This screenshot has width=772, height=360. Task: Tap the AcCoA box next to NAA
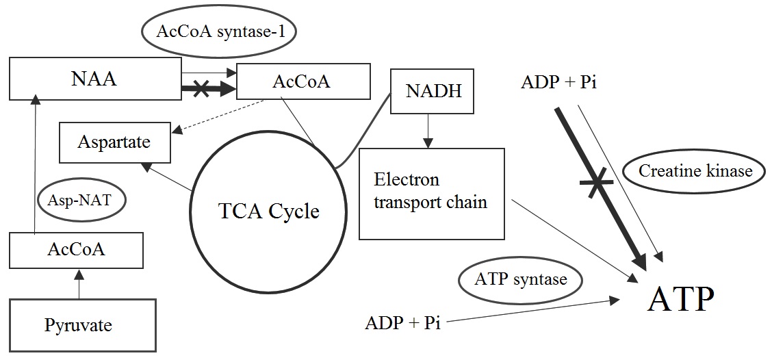pyautogui.click(x=303, y=82)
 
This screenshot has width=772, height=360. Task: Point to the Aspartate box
pyautogui.click(x=114, y=142)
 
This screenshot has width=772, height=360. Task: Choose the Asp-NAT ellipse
pyautogui.click(x=77, y=199)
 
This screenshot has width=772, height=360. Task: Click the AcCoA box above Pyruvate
pyautogui.click(x=76, y=250)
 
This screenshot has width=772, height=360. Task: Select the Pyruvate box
pyautogui.click(x=78, y=325)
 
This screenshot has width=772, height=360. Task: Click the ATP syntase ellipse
pyautogui.click(x=522, y=279)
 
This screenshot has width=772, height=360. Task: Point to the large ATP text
pyautogui.click(x=681, y=299)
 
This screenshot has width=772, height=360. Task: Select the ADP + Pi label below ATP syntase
pyautogui.click(x=403, y=322)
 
